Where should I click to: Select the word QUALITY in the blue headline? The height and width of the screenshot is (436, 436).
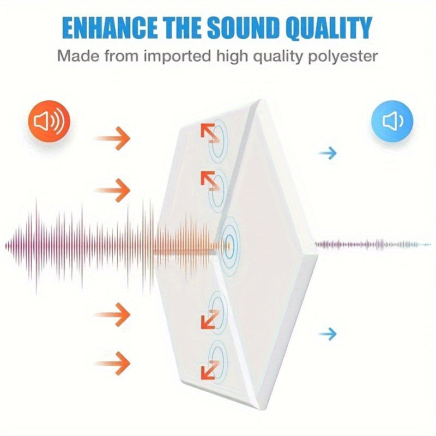tap(329, 29)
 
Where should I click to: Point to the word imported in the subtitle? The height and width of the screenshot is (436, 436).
tap(177, 57)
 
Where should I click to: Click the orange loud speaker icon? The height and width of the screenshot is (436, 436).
tap(49, 121)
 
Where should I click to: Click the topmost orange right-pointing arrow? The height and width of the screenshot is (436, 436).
tap(112, 138)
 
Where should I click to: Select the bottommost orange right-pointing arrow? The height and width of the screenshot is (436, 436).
tap(112, 363)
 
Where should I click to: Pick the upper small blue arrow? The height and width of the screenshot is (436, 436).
tap(328, 153)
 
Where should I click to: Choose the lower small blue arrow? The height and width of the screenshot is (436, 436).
tap(328, 334)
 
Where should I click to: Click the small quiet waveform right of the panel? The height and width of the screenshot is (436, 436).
tap(373, 245)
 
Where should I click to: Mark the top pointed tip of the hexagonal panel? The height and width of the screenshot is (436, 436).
tap(259, 99)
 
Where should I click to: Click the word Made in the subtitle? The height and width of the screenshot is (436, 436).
tap(78, 56)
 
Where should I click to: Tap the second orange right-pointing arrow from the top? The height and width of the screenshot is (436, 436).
tap(112, 190)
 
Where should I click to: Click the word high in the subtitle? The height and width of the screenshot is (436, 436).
tap(232, 57)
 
